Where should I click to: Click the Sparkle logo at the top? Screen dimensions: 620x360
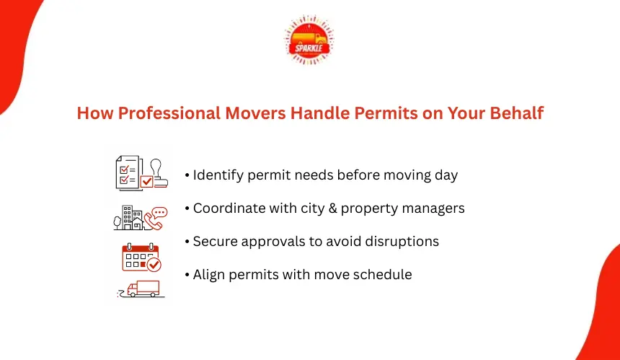pyautogui.click(x=309, y=40)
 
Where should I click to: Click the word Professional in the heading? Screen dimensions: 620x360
pyautogui.click(x=169, y=113)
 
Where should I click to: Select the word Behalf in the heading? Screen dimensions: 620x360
pyautogui.click(x=517, y=113)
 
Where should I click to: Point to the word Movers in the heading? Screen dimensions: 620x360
pyautogui.click(x=255, y=113)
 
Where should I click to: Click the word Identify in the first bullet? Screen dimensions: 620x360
pyautogui.click(x=218, y=175)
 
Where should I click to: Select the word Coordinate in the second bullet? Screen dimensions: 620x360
pyautogui.click(x=229, y=208)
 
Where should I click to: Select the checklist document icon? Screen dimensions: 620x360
pyautogui.click(x=128, y=173)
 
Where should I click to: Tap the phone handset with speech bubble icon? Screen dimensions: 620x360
pyautogui.click(x=156, y=218)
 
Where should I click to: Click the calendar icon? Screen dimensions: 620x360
pyautogui.click(x=141, y=257)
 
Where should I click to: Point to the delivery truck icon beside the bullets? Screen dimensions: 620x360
pyautogui.click(x=141, y=289)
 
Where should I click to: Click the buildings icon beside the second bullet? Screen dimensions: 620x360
pyautogui.click(x=128, y=218)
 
